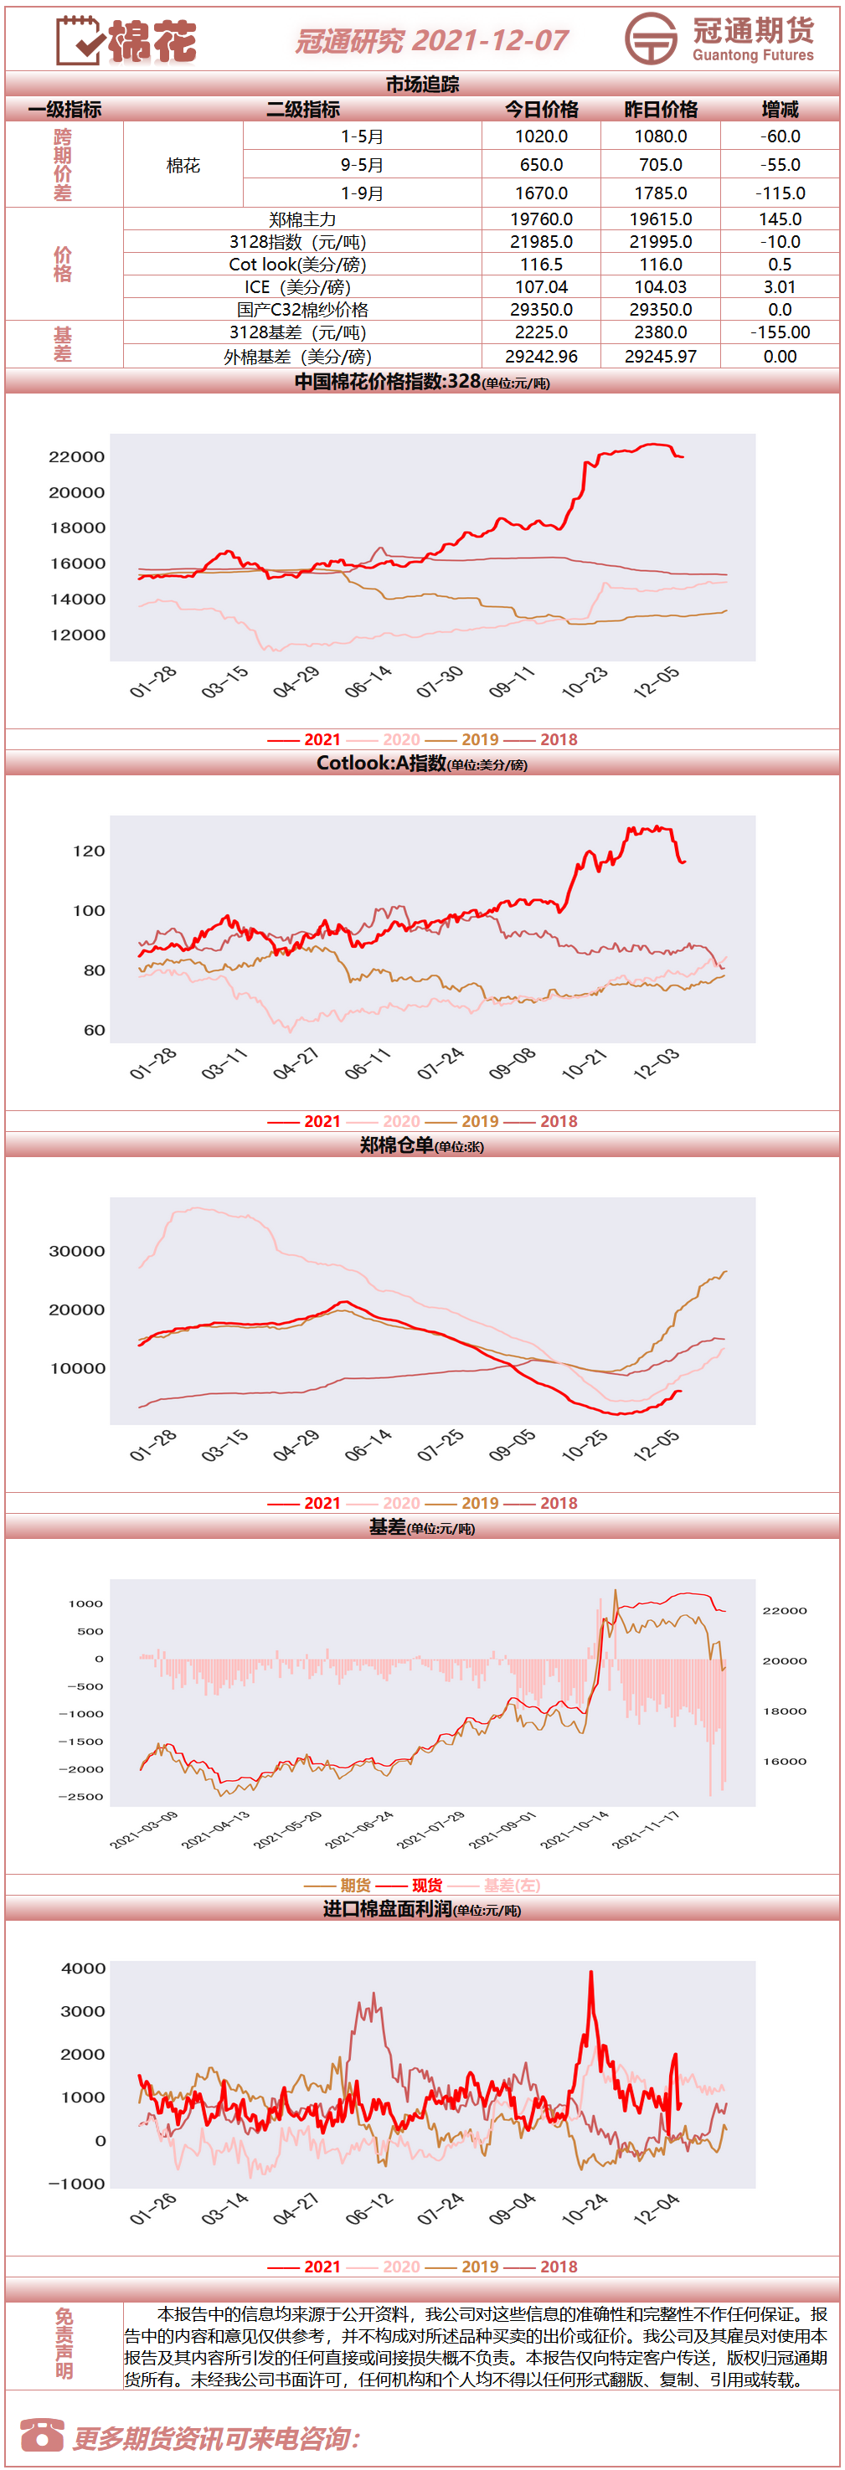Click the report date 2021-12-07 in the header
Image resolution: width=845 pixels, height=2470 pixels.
tap(491, 40)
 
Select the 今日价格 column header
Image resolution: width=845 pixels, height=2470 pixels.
tap(542, 110)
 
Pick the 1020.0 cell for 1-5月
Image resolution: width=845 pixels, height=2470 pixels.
tap(542, 136)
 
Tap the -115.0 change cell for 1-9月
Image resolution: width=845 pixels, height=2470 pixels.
tap(780, 193)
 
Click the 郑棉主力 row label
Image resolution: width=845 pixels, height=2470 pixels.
tap(302, 219)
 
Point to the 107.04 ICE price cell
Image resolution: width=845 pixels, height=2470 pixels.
tap(542, 286)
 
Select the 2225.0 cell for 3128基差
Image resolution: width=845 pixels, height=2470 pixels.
tap(542, 332)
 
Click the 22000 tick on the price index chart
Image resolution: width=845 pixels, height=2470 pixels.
tap(77, 456)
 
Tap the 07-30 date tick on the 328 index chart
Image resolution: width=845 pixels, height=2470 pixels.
tap(441, 682)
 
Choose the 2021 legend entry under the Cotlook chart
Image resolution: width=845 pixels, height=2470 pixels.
tap(304, 1121)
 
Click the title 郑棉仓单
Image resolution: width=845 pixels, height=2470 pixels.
tap(396, 1144)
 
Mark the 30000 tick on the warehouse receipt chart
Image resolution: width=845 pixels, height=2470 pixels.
tap(77, 1250)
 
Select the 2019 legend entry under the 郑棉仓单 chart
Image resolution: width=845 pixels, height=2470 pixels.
tap(461, 1503)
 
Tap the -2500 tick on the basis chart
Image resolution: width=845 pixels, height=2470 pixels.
tap(80, 1796)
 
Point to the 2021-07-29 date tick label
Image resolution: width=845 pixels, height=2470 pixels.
tap(430, 1829)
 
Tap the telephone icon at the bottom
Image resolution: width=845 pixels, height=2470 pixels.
tap(41, 2435)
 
